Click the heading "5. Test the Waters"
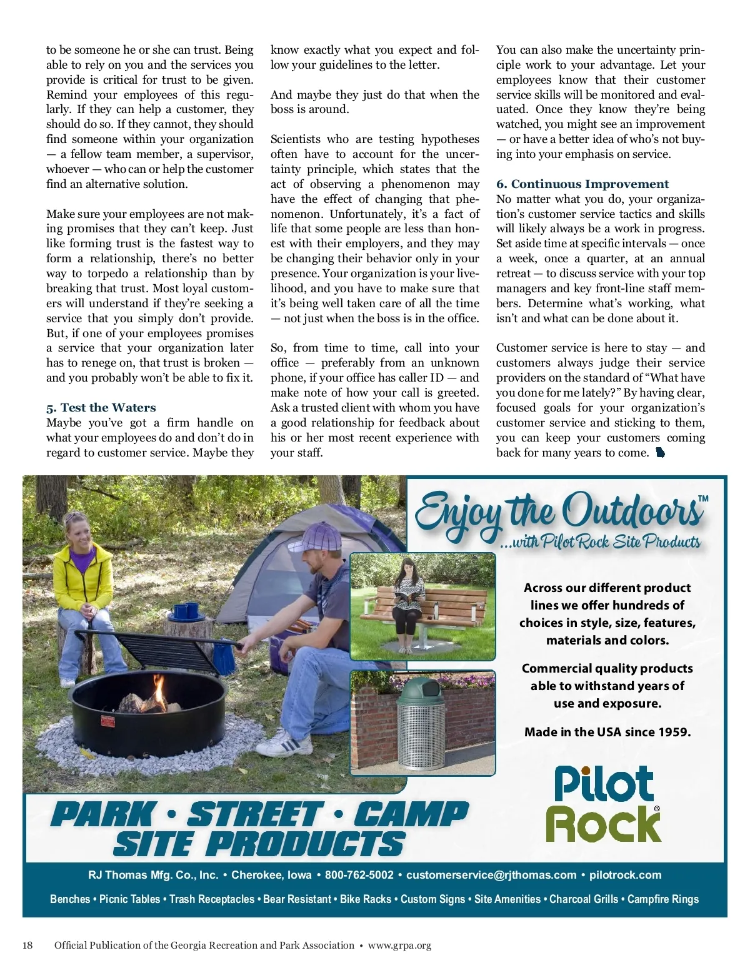point(101,408)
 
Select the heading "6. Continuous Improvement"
point(582,184)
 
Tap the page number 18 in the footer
point(27,945)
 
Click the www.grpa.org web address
point(399,945)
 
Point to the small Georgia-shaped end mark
point(660,453)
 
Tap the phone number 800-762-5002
point(359,875)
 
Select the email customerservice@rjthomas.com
point(491,875)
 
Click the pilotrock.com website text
point(625,875)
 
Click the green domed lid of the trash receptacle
point(421,691)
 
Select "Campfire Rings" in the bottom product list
point(662,899)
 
